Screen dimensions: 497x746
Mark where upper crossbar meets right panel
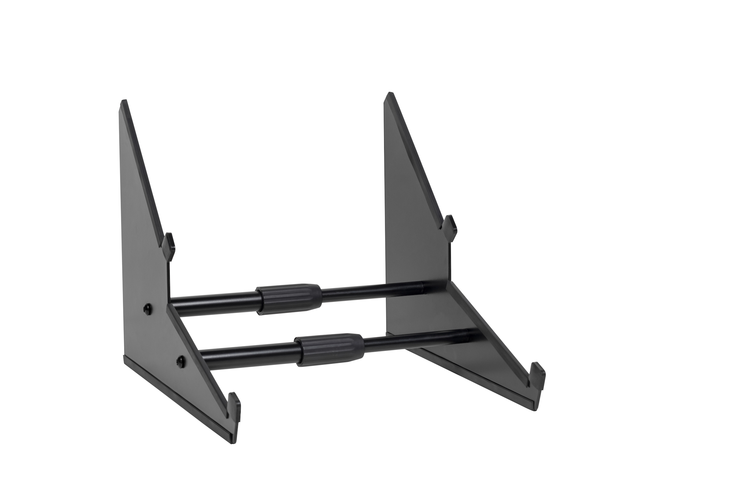(x=426, y=285)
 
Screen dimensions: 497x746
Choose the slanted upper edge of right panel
(x=416, y=158)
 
